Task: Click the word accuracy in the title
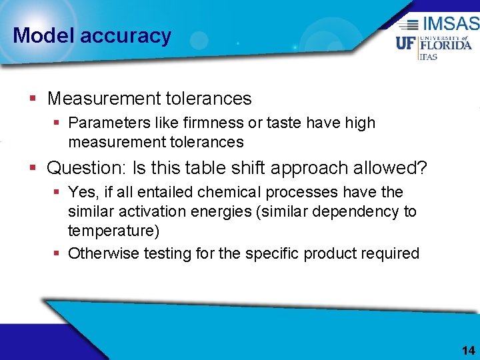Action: (x=125, y=35)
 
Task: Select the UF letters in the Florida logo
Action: (x=406, y=44)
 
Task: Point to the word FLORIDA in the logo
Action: (x=445, y=45)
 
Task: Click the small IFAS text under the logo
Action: (x=427, y=57)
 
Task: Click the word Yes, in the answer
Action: (x=82, y=193)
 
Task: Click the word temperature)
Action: (x=113, y=232)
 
